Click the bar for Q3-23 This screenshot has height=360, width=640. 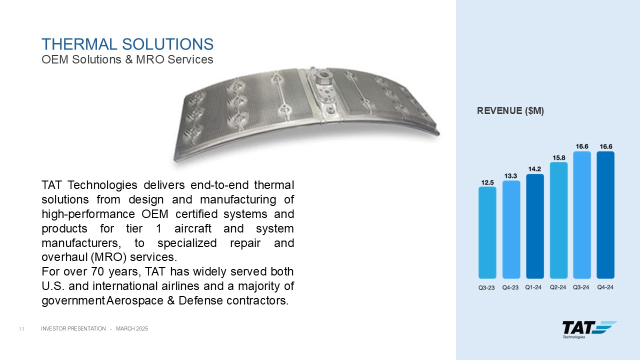coord(487,232)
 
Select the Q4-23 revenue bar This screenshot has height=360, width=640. coord(511,229)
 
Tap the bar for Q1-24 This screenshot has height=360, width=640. coord(535,226)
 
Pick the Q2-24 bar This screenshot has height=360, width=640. coord(558,220)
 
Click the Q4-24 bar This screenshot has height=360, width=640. coord(605,215)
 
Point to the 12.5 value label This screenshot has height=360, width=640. coord(487,182)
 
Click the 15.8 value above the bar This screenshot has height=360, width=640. coord(559,158)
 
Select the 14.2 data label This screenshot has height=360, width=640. coord(534,169)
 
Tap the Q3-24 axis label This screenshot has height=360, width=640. coord(581,287)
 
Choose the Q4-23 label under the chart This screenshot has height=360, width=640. coord(510,287)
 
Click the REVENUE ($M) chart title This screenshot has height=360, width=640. coord(510,111)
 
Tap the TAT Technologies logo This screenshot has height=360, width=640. coord(589,329)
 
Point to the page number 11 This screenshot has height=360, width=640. coord(21,329)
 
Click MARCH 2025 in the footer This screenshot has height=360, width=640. coord(132,328)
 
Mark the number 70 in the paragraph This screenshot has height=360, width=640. coord(97,271)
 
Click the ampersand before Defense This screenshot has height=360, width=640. coord(171,300)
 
